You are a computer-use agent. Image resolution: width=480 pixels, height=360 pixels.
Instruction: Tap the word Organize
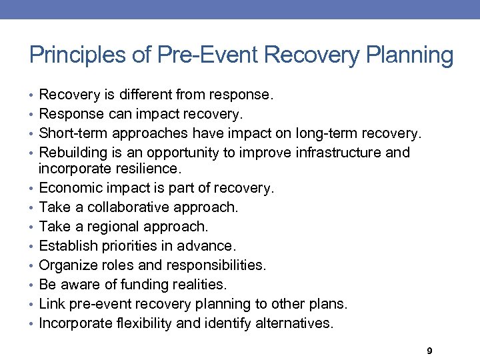[x=68, y=265]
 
